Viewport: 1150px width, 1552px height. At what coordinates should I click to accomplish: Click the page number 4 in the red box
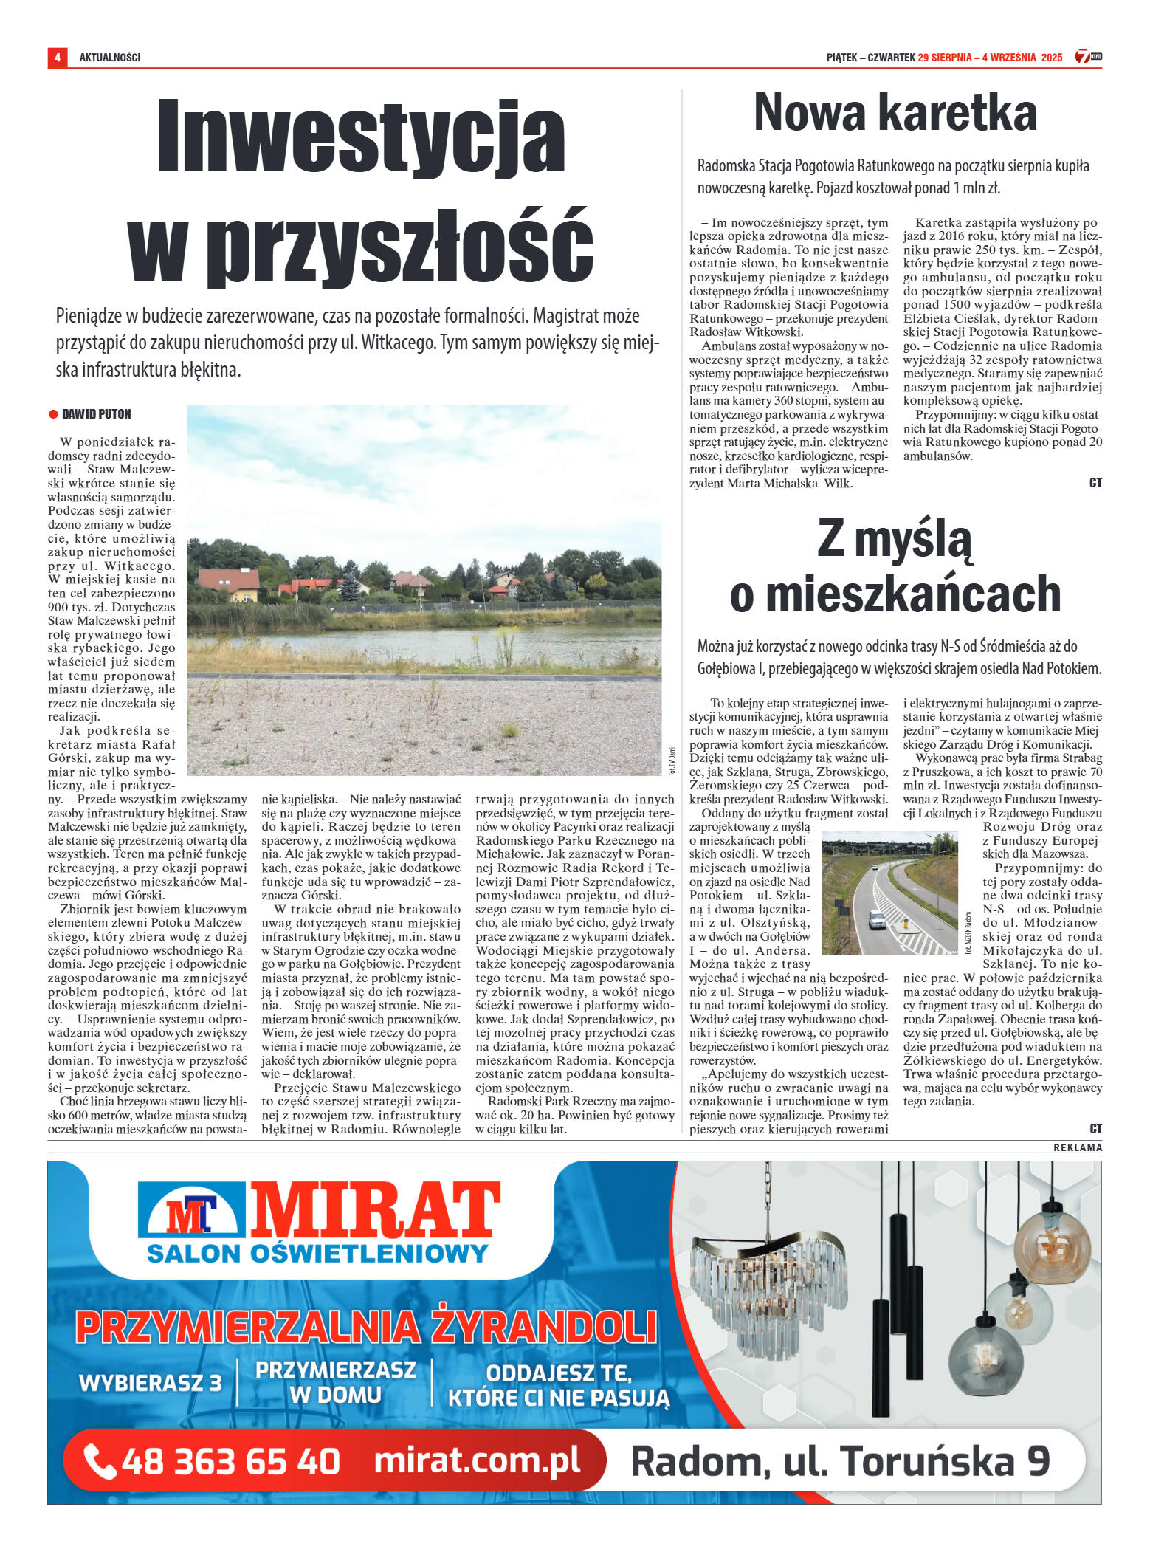[57, 58]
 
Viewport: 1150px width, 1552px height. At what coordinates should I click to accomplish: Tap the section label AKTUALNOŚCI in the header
[110, 58]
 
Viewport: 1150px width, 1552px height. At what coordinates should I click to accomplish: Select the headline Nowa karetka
[895, 113]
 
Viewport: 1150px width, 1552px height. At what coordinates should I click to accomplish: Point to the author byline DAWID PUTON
[97, 414]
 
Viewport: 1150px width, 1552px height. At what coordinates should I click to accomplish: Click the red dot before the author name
[53, 414]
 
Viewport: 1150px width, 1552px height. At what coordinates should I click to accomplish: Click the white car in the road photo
[876, 919]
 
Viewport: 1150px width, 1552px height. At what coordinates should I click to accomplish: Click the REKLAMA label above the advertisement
[1078, 1147]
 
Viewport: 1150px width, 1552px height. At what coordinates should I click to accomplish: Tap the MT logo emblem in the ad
[191, 1214]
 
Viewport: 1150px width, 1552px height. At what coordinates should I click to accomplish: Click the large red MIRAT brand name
[375, 1210]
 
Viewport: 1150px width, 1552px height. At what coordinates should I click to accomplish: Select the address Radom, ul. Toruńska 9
[840, 1461]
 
